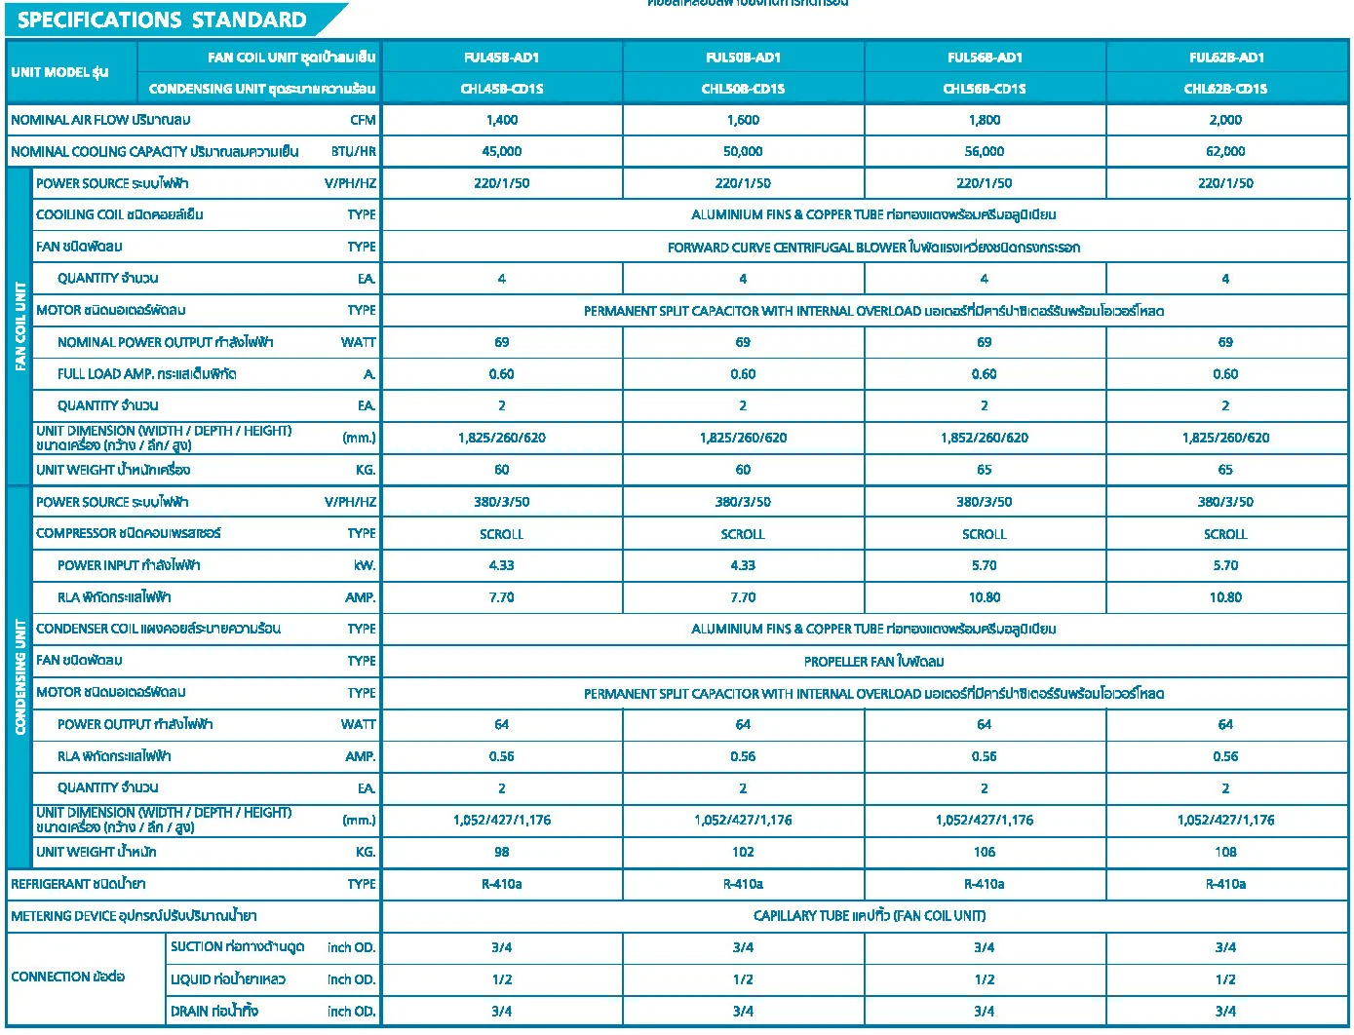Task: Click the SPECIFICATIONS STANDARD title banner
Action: point(163,19)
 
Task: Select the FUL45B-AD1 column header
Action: point(501,57)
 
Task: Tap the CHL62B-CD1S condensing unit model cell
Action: point(1225,89)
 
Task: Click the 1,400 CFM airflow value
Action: point(501,120)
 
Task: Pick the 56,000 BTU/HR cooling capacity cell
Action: point(984,151)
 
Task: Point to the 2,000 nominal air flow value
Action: point(1225,120)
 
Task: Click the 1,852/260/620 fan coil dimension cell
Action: point(984,438)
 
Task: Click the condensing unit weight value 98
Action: point(501,852)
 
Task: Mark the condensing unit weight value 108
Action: point(1225,852)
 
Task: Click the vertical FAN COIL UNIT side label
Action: point(20,326)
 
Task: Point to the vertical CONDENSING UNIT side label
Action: point(20,676)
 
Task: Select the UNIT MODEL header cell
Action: point(59,72)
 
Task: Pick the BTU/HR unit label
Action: point(353,151)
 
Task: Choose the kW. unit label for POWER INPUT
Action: point(365,565)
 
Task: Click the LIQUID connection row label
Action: point(213,979)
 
